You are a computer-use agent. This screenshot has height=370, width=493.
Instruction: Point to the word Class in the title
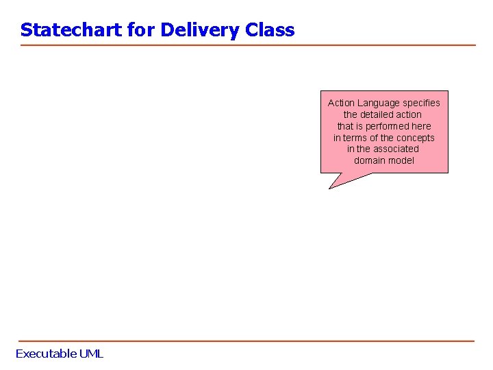tap(273, 30)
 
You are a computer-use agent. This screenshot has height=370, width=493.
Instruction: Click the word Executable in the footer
tap(46, 354)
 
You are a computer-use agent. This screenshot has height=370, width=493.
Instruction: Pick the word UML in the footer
tap(91, 354)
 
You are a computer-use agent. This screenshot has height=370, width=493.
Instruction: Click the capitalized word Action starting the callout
tap(341, 103)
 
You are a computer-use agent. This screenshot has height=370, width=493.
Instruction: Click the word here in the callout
tap(422, 126)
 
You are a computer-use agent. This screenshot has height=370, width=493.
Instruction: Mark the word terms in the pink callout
tap(355, 138)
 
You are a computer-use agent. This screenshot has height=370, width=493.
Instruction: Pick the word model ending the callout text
tap(401, 160)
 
